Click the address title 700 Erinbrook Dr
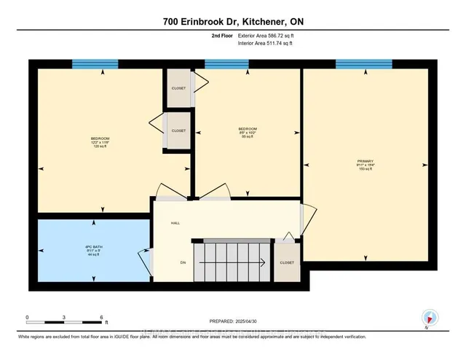tap(232, 22)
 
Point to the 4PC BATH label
tap(93, 252)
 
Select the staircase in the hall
tap(232, 261)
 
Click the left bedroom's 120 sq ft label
tap(100, 146)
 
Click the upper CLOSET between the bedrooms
tap(179, 88)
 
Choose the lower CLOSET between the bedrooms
tap(179, 130)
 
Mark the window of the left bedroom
tap(95, 63)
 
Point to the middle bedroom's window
tap(226, 63)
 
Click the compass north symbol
tap(430, 317)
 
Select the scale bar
tap(66, 320)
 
